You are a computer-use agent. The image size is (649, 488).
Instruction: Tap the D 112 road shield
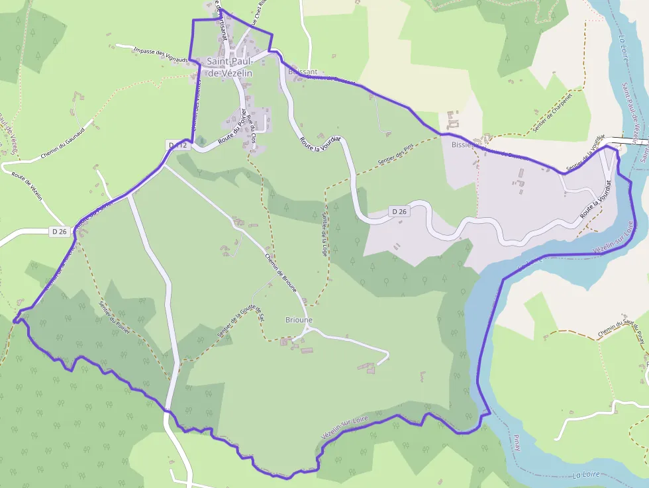click(x=178, y=145)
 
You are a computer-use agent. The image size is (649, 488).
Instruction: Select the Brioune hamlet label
click(x=299, y=320)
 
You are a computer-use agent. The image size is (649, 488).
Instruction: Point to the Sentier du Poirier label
click(x=114, y=319)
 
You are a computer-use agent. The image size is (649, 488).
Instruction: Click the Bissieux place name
click(x=464, y=144)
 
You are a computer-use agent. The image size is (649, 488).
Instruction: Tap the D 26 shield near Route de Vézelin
click(x=60, y=231)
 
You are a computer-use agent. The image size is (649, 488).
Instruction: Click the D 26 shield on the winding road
click(x=398, y=211)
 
